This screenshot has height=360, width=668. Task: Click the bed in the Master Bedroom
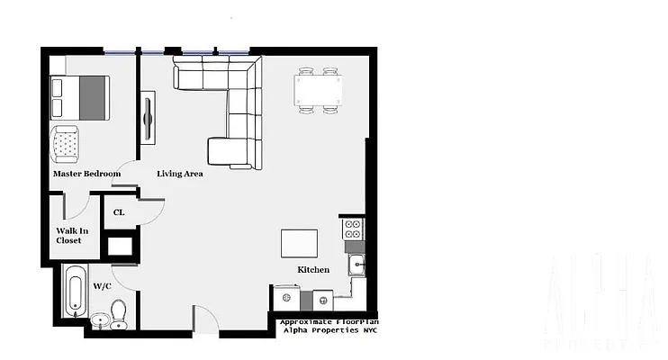click(x=80, y=97)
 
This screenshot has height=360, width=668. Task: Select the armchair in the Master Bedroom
click(x=66, y=141)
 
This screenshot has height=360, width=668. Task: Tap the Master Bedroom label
click(x=86, y=174)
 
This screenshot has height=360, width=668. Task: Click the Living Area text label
click(x=179, y=174)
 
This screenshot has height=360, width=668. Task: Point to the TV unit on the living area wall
click(x=148, y=117)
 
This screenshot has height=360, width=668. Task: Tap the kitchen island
click(x=299, y=243)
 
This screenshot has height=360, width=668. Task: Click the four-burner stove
click(x=353, y=228)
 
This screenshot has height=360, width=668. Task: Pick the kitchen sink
click(x=357, y=264)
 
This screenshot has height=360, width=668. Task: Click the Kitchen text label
click(x=313, y=270)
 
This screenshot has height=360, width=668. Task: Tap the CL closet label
click(x=119, y=213)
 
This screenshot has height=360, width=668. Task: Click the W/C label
click(x=102, y=286)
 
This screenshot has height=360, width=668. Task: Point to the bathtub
click(x=75, y=293)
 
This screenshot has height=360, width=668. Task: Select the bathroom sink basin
click(x=97, y=319)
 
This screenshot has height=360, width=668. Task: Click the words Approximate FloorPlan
click(x=329, y=321)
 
